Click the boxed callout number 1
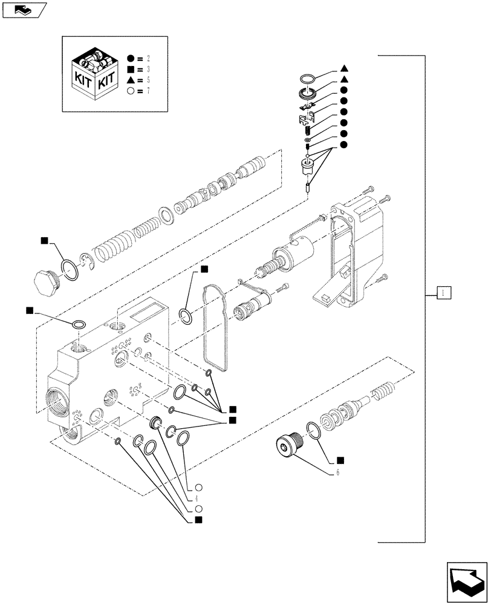click(x=443, y=293)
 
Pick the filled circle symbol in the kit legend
click(x=131, y=59)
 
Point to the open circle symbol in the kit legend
click(x=131, y=91)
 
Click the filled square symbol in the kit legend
click(x=131, y=70)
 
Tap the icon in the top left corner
click(x=23, y=10)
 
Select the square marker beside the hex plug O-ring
click(x=44, y=241)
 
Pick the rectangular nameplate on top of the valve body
click(x=143, y=315)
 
